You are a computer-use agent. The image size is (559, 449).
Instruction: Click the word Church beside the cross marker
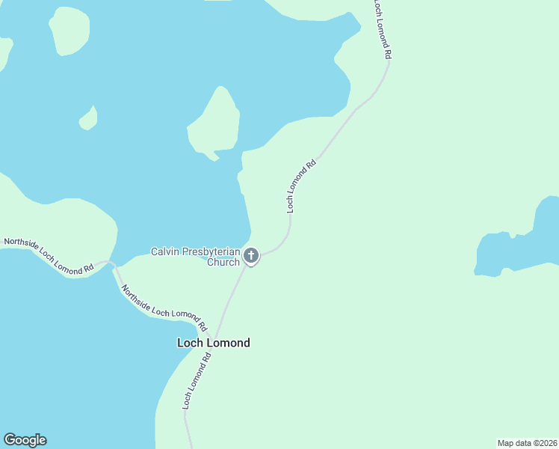pyautogui.click(x=223, y=263)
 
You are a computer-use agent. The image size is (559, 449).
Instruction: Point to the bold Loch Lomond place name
pyautogui.click(x=213, y=343)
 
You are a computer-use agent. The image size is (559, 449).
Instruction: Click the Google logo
pyautogui.click(x=25, y=440)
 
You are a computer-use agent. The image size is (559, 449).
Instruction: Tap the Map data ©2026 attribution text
pyautogui.click(x=528, y=443)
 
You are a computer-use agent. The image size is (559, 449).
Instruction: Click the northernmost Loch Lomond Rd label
pyautogui.click(x=382, y=30)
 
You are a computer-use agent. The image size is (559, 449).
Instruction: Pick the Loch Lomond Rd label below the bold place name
pyautogui.click(x=198, y=381)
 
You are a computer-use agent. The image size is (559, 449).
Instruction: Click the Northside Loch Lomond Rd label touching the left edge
pyautogui.click(x=49, y=256)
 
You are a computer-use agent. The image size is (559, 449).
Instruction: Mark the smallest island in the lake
pyautogui.click(x=89, y=118)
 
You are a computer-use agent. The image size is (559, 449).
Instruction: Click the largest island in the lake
pyautogui.click(x=215, y=123)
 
